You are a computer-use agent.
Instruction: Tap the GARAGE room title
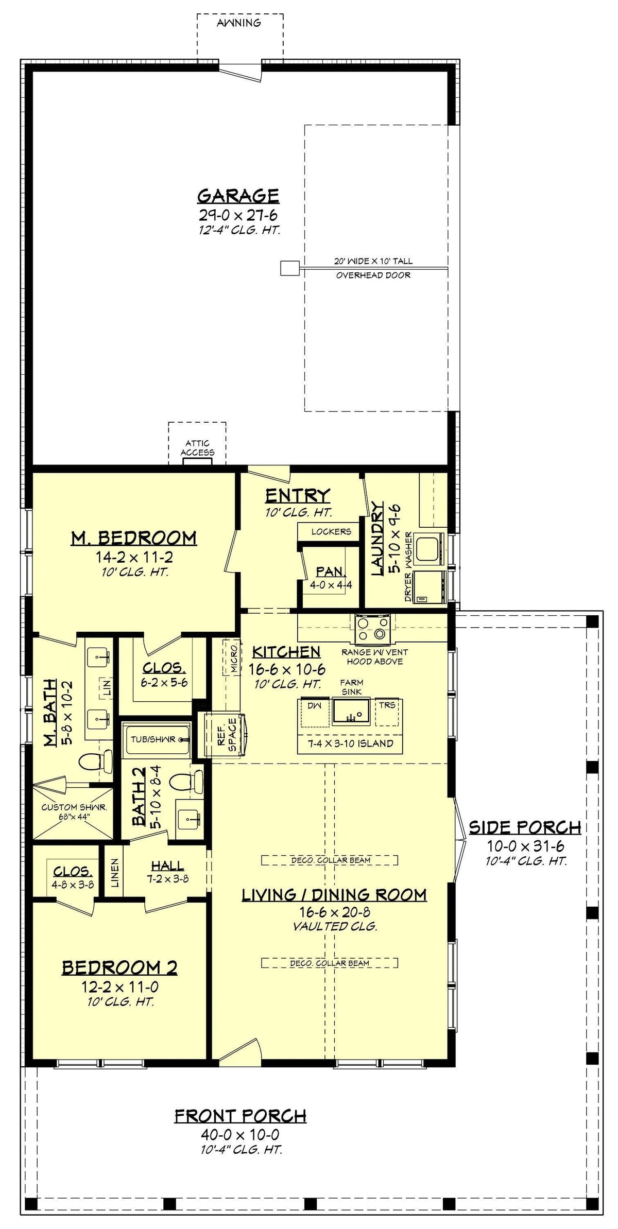pos(238,196)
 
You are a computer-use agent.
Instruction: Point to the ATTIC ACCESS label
pos(197,448)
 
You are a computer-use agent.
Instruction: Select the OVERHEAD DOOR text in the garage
pos(373,275)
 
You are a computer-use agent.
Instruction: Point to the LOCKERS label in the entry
pos(331,531)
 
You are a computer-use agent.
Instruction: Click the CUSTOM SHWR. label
pos(74,807)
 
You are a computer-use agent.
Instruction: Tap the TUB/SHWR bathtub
pos(156,739)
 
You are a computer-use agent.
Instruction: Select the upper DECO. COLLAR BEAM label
pos(330,860)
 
